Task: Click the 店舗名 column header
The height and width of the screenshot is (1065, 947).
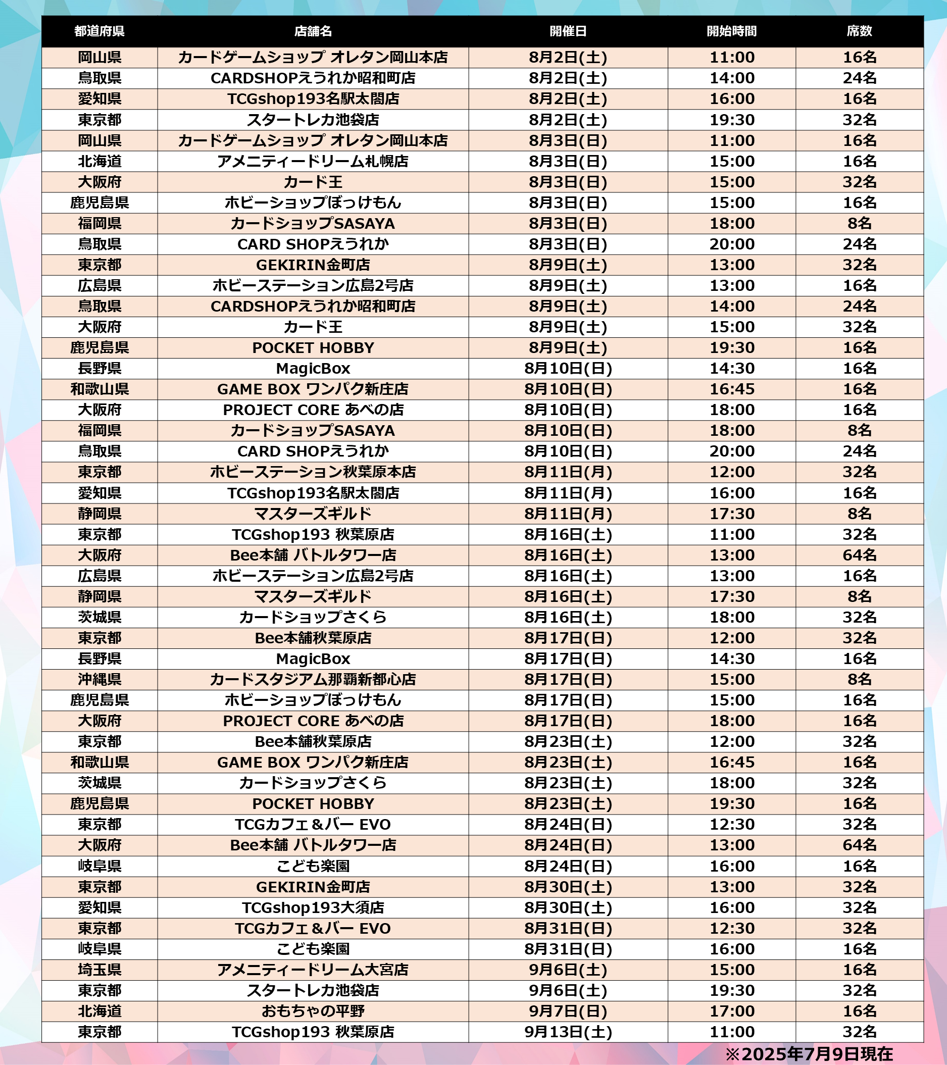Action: click(x=313, y=31)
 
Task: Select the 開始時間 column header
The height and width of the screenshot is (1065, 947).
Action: click(x=731, y=31)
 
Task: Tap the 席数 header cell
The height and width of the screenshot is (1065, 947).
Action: click(x=859, y=31)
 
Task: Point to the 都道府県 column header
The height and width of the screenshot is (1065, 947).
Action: click(x=99, y=31)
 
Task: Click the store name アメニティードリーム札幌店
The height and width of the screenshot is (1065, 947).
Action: click(x=313, y=162)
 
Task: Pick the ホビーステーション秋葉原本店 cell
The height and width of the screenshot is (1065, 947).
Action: click(x=313, y=472)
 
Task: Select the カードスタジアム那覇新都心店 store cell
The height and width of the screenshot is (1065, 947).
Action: click(x=313, y=679)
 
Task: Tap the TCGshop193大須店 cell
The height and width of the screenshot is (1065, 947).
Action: click(x=313, y=907)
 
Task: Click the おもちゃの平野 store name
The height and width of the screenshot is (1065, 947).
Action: click(x=313, y=1011)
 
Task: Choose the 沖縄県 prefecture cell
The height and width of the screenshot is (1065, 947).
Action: click(x=99, y=679)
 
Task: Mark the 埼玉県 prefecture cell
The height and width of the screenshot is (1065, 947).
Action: click(x=99, y=970)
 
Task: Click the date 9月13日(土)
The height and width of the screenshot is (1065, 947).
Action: click(x=568, y=1032)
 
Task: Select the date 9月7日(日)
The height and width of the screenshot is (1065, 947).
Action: click(x=568, y=1011)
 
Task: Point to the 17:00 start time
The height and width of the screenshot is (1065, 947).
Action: click(x=731, y=1011)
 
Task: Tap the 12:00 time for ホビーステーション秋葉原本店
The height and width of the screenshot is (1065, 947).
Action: click(x=731, y=472)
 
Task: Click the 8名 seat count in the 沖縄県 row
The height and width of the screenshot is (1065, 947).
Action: click(x=859, y=679)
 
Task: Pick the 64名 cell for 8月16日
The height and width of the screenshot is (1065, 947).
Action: click(x=859, y=555)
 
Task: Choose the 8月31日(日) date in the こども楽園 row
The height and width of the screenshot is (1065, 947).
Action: click(x=568, y=949)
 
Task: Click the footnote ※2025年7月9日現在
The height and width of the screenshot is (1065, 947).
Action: click(x=809, y=1054)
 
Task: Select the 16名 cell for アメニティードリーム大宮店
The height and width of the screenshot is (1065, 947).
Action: click(x=859, y=970)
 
